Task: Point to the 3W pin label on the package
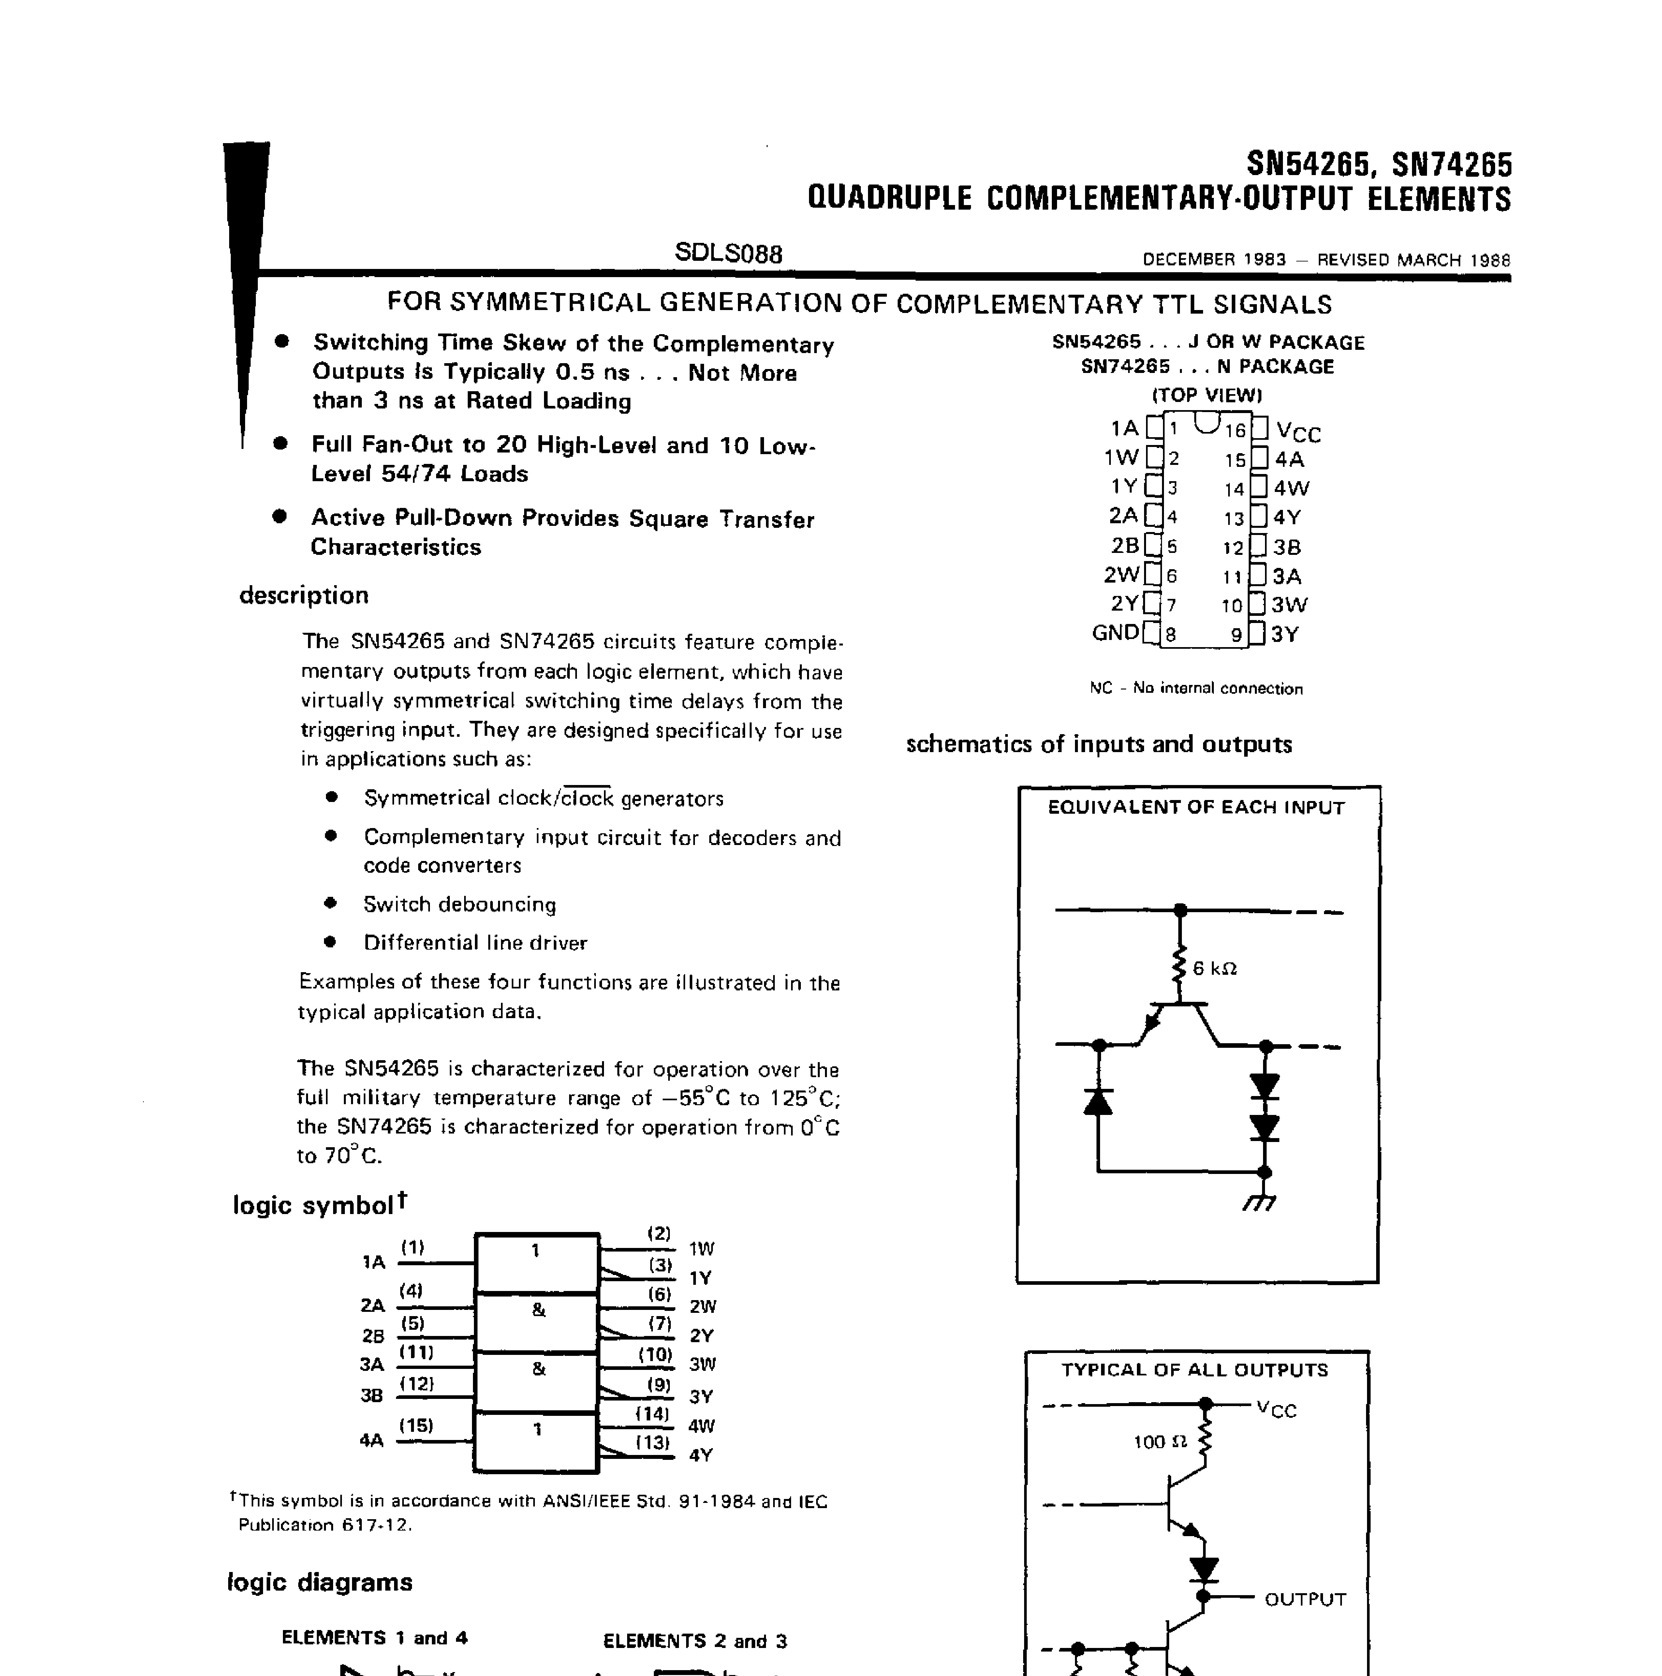click(1290, 605)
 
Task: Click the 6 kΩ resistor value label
click(1214, 968)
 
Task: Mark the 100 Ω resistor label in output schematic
click(1160, 1442)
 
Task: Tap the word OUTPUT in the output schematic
click(1305, 1599)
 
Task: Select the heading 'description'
click(303, 595)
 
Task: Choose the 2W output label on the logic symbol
click(703, 1306)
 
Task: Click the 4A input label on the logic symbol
click(371, 1440)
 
